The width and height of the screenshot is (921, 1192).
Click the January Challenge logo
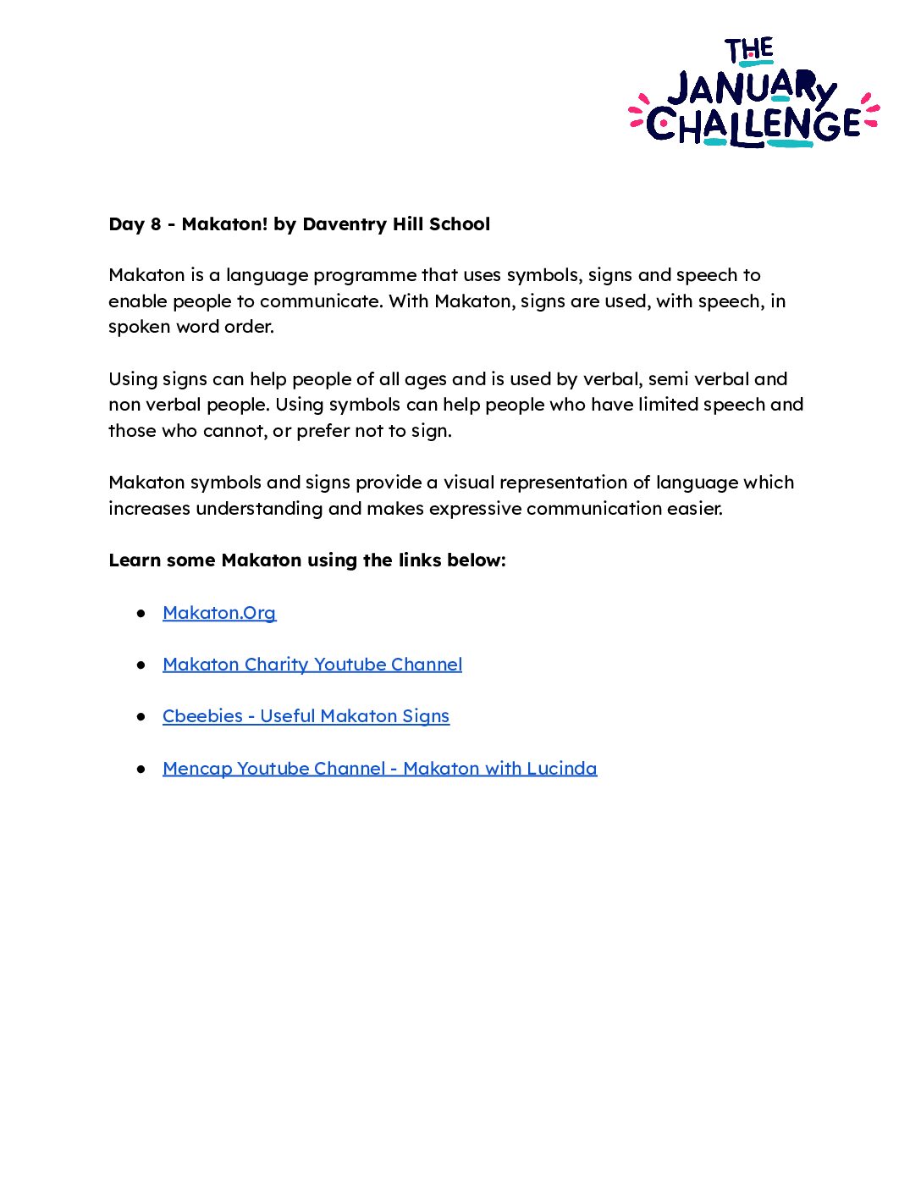(x=753, y=93)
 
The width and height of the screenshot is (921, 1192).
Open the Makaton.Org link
(x=219, y=613)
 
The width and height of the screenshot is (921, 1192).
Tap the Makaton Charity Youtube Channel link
(x=312, y=665)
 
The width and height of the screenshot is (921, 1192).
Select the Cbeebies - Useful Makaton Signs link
(x=306, y=716)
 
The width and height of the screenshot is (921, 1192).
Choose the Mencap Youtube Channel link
(x=379, y=769)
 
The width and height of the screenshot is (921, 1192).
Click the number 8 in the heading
(x=156, y=224)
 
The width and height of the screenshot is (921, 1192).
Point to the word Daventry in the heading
(x=342, y=224)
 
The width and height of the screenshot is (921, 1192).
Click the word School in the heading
(x=460, y=224)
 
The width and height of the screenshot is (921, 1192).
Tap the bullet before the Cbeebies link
(x=141, y=716)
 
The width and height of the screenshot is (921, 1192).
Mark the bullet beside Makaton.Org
(x=141, y=613)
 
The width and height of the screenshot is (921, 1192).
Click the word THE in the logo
(x=749, y=51)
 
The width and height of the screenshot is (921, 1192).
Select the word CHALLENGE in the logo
(x=753, y=126)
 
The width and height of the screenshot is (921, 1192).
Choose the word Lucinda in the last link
(x=561, y=769)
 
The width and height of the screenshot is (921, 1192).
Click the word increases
(x=150, y=509)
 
